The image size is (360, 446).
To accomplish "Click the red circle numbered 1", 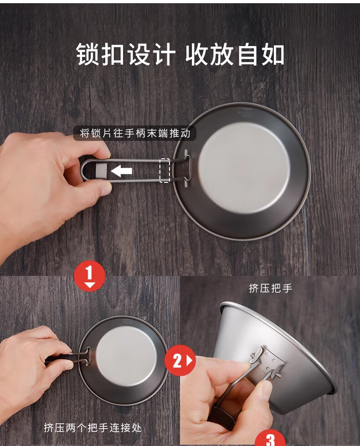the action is click(x=89, y=276).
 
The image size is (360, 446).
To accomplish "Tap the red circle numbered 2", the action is click(x=180, y=360).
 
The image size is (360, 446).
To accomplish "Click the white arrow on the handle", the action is click(x=121, y=171).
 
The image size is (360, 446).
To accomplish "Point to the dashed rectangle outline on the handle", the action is click(x=165, y=170).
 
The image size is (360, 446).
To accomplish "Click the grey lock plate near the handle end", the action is click(x=101, y=170).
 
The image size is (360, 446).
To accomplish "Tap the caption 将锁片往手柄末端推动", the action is click(x=135, y=133).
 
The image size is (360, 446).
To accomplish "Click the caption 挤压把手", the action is click(x=270, y=288).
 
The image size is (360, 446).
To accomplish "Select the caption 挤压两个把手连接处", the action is click(x=93, y=427).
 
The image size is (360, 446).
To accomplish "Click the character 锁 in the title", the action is click(x=88, y=54).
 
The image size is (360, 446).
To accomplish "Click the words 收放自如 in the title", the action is click(x=235, y=54).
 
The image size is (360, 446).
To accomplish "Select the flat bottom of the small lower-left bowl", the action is click(x=126, y=356).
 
